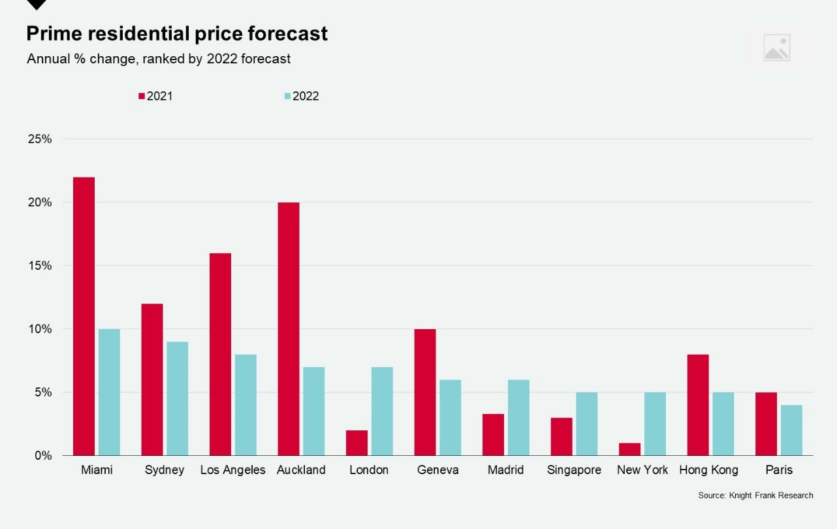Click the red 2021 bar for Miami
pyautogui.click(x=84, y=316)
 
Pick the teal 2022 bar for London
pyautogui.click(x=382, y=411)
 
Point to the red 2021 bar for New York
pyautogui.click(x=629, y=449)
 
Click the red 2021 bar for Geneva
pyautogui.click(x=425, y=392)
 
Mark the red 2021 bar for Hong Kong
pyautogui.click(x=698, y=405)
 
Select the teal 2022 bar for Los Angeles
pyautogui.click(x=245, y=405)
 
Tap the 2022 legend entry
pyautogui.click(x=302, y=96)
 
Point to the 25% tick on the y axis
pyautogui.click(x=39, y=139)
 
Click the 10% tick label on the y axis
pyautogui.click(x=39, y=329)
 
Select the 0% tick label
pyautogui.click(x=42, y=455)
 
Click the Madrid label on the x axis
pyautogui.click(x=505, y=470)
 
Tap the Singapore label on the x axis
pyautogui.click(x=574, y=470)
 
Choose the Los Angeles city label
pyautogui.click(x=232, y=470)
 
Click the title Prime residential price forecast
pyautogui.click(x=177, y=33)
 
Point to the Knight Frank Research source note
pyautogui.click(x=755, y=496)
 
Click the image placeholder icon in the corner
pyautogui.click(x=776, y=48)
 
